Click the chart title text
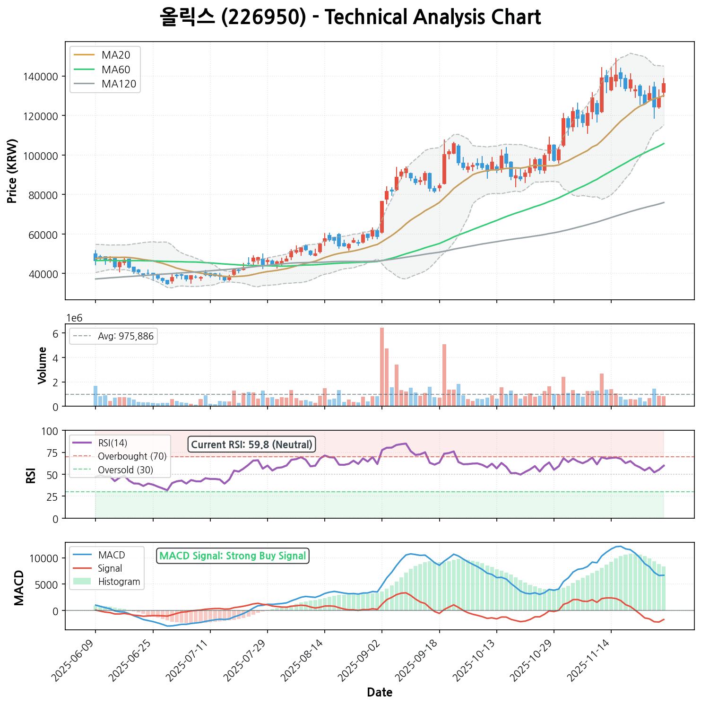350,17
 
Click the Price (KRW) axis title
13,171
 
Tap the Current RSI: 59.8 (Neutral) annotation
251,445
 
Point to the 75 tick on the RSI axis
52,453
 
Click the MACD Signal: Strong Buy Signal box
233,556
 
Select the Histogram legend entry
119,582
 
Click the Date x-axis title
380,693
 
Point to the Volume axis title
43,365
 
